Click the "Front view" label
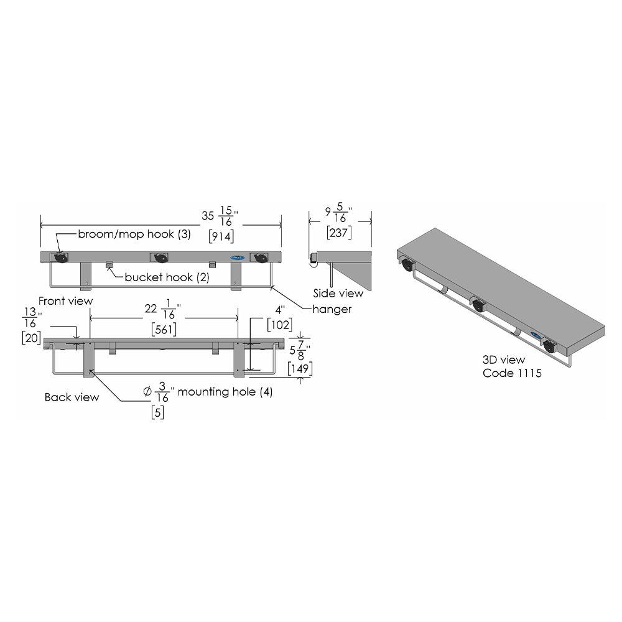65,301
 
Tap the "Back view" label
72,397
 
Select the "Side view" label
338,293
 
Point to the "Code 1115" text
512,373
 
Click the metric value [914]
221,236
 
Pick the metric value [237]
339,233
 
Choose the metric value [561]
164,329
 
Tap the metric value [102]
279,325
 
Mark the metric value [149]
300,368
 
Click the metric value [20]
31,338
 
